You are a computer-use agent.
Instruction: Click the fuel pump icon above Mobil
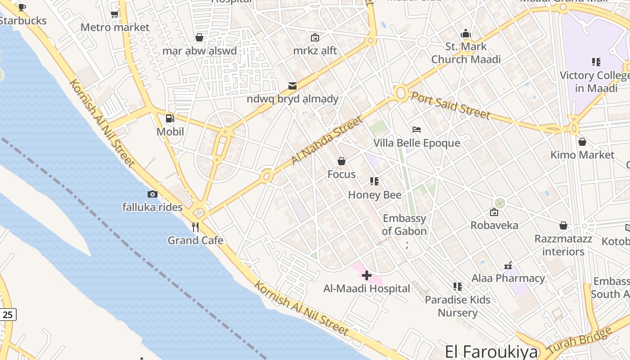(170, 118)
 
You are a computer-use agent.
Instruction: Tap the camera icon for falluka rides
(153, 194)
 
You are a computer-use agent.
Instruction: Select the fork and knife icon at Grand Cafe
(195, 227)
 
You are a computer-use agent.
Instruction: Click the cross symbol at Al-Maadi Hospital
(367, 275)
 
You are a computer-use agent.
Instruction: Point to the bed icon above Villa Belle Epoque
(417, 130)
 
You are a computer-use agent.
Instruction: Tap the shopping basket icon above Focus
(342, 161)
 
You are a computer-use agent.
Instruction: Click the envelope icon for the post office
(292, 85)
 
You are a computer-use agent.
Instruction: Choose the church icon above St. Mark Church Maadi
(466, 33)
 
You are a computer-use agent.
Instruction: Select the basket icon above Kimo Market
(582, 142)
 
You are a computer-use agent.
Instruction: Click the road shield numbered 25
(8, 315)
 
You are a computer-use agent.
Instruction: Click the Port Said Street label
(450, 105)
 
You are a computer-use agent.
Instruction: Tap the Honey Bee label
(375, 195)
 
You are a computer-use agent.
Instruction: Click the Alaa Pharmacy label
(508, 278)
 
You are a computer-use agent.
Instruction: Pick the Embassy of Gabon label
(405, 225)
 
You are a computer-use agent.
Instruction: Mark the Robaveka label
(494, 225)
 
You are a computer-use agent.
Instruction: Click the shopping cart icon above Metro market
(115, 14)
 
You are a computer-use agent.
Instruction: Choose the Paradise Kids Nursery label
(458, 306)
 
